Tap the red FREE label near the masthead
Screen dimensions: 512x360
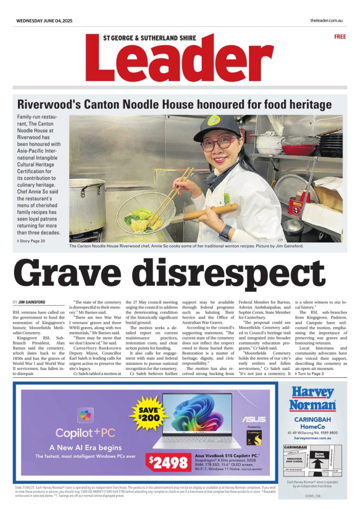(340, 37)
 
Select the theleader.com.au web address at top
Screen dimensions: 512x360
(327, 21)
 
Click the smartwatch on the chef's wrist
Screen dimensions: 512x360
(225, 232)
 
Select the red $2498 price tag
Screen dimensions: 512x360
(168, 462)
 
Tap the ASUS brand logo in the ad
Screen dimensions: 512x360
(254, 420)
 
